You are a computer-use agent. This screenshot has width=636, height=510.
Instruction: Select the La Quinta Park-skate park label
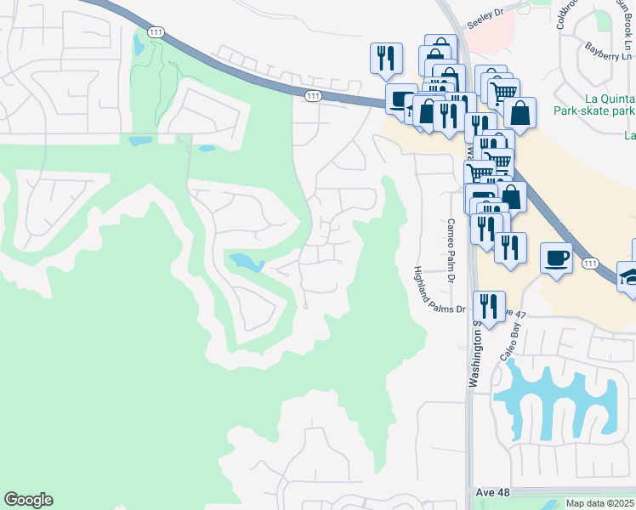594,103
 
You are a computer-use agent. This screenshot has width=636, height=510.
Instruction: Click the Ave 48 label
490,493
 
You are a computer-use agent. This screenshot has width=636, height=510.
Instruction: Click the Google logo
28,500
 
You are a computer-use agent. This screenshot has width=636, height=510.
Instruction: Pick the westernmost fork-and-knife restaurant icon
386,57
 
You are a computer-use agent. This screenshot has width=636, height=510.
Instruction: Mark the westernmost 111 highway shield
155,31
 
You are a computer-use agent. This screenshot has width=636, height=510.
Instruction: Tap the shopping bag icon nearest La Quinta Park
520,112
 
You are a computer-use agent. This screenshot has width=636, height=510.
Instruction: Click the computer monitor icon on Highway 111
398,98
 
